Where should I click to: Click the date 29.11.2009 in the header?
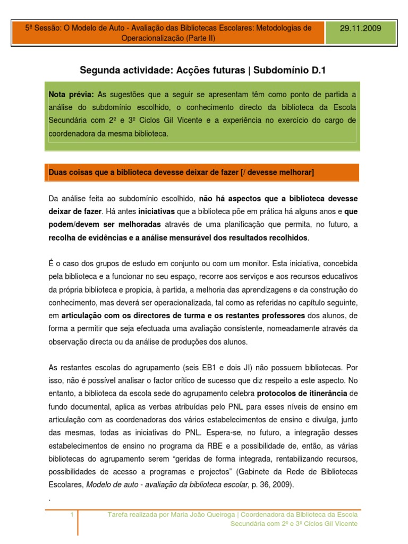click(361, 29)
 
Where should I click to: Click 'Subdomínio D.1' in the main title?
click(292, 70)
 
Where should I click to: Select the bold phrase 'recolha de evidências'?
click(87, 237)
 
